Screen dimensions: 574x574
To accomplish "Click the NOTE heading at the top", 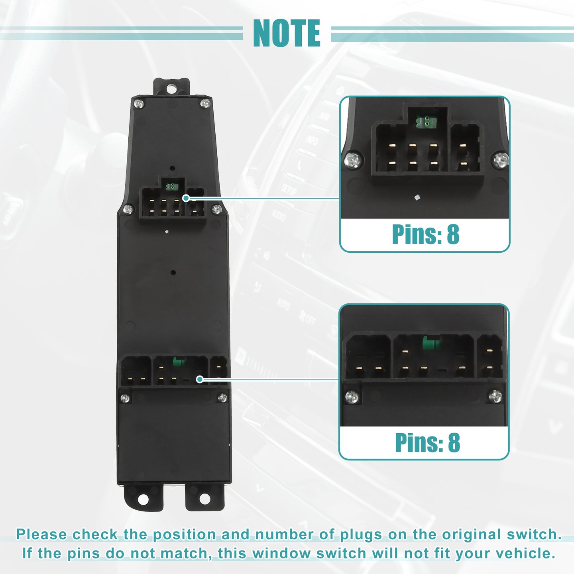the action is tap(287, 33).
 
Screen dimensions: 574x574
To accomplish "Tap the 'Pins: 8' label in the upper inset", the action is tap(425, 234).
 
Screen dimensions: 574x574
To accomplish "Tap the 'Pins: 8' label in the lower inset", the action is tap(427, 442).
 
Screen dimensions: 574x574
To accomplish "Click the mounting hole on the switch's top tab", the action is tap(171, 88).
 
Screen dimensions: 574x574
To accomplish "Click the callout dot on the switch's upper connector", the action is tap(186, 198).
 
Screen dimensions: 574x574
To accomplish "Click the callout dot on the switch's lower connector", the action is tap(200, 379).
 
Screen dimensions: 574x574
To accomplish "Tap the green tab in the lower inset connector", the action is tap(432, 343).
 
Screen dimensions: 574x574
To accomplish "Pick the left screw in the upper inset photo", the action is tap(354, 160).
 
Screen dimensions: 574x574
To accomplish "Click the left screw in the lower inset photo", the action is tap(352, 397).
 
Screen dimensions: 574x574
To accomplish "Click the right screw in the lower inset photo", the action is tap(495, 396).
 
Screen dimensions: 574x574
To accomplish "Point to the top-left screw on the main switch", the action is tap(139, 104).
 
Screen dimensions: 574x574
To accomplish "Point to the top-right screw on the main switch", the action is tap(205, 103).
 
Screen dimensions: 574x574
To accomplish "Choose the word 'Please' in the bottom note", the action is tap(41, 534).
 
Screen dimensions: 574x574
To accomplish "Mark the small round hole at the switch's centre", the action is tap(173, 272).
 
